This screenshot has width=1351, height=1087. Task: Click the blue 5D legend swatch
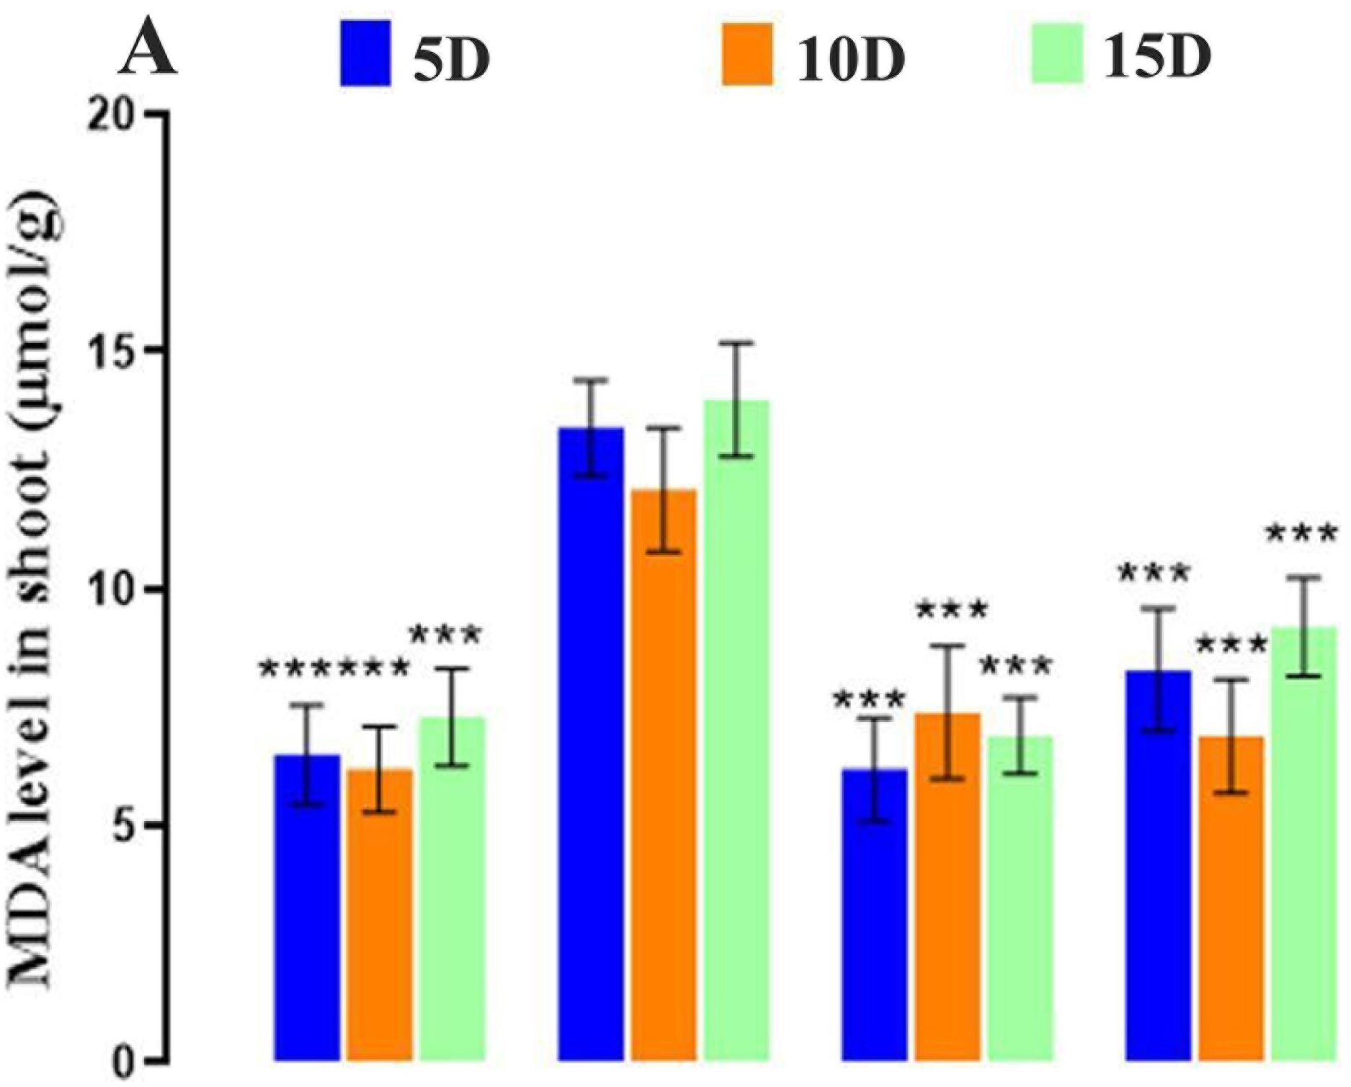click(x=366, y=53)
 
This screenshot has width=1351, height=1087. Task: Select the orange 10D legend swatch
click(x=746, y=55)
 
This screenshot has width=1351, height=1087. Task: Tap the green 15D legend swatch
click(x=1057, y=53)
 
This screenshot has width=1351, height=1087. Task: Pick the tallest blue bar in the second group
click(x=592, y=742)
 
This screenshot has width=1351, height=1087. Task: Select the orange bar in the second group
click(x=664, y=774)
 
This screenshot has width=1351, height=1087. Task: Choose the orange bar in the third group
click(x=948, y=886)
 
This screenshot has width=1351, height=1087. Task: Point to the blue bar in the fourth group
click(x=1159, y=864)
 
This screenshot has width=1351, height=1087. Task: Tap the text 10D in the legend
click(x=850, y=57)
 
